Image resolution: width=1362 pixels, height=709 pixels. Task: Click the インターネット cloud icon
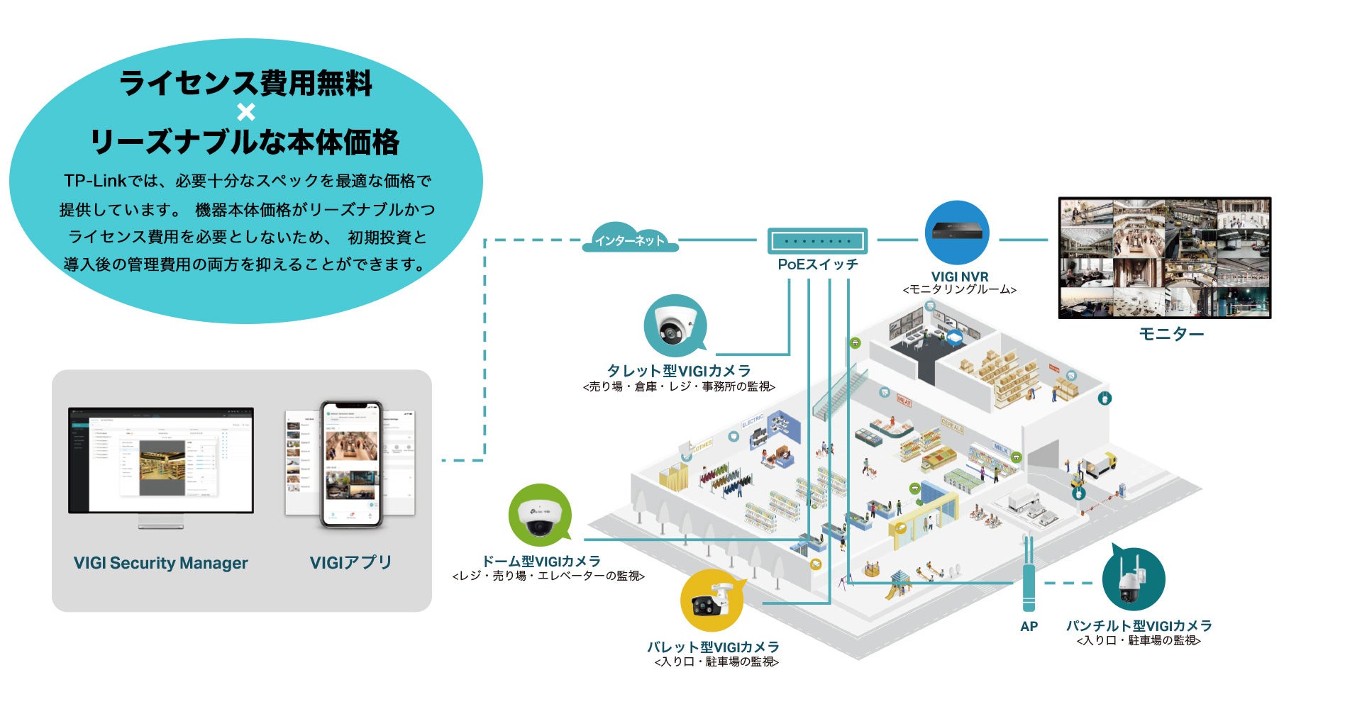pyautogui.click(x=630, y=240)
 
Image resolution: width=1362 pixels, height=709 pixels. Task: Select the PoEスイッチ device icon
pyautogui.click(x=817, y=241)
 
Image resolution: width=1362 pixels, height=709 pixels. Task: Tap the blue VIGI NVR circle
pyautogui.click(x=957, y=233)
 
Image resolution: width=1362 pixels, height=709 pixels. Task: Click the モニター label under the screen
pyautogui.click(x=1171, y=334)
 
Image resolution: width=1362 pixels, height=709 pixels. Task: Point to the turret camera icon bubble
pyautogui.click(x=675, y=325)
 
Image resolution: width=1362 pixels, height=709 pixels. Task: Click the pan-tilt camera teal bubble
pyautogui.click(x=1133, y=579)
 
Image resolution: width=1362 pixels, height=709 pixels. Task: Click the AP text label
pyautogui.click(x=1029, y=626)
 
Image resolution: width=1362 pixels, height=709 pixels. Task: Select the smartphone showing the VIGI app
pyautogui.click(x=350, y=464)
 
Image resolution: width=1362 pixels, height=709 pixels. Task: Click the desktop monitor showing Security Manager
pyautogui.click(x=161, y=461)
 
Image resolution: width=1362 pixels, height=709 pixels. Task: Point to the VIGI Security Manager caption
pyautogui.click(x=161, y=563)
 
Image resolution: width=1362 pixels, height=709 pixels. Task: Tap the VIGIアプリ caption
pyautogui.click(x=350, y=563)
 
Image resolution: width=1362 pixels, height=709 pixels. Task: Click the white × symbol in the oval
pyautogui.click(x=246, y=113)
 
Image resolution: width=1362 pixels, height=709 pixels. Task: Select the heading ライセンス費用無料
pyautogui.click(x=246, y=83)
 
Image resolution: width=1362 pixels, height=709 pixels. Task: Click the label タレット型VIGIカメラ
pyautogui.click(x=679, y=371)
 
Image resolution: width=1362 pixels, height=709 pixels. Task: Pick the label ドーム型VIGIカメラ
pyautogui.click(x=541, y=562)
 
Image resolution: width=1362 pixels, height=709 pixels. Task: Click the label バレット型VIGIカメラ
pyautogui.click(x=713, y=647)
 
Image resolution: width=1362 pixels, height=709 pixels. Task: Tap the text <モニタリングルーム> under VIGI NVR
pyautogui.click(x=959, y=290)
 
